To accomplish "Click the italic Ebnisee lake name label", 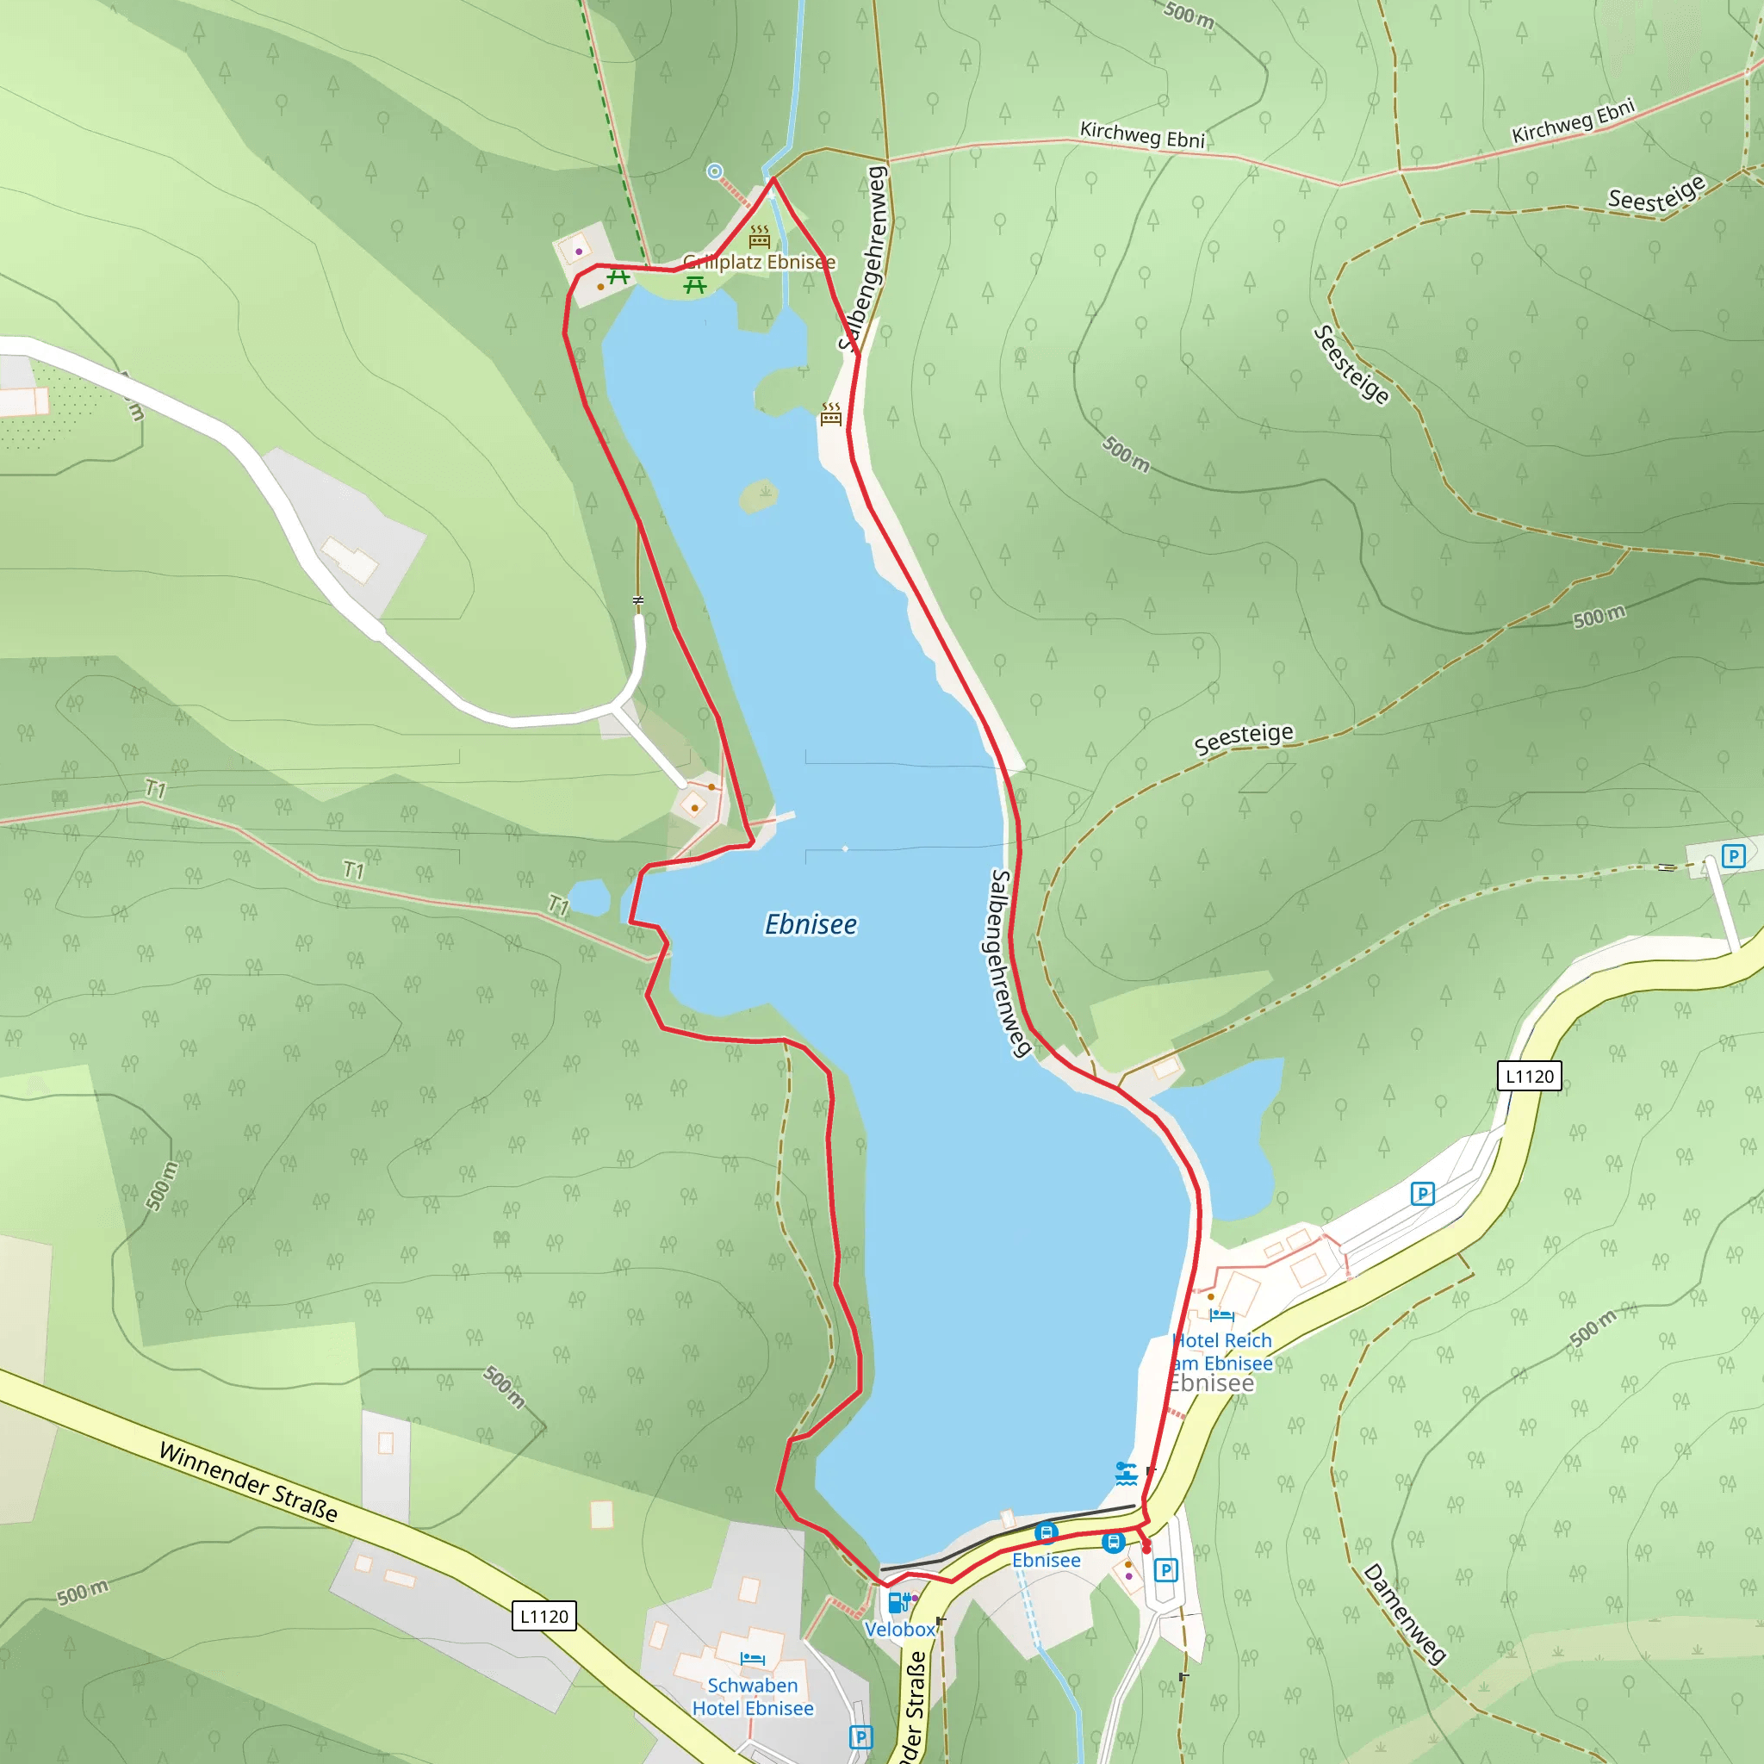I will coord(811,925).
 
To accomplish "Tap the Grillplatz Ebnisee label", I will coord(759,262).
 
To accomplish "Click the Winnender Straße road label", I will coord(248,1481).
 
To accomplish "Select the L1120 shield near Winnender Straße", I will coord(544,1616).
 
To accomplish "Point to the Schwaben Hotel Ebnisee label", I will coord(752,1697).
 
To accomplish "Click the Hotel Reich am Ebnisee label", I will coord(1222,1351).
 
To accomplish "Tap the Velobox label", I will coord(900,1629).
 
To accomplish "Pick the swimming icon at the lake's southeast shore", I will coord(1126,1473).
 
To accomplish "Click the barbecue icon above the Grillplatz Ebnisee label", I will coord(760,238).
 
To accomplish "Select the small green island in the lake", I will coord(759,496).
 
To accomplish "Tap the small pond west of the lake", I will coord(589,898).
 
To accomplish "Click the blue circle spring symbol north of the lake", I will coord(715,171).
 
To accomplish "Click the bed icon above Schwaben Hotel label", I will coord(752,1658).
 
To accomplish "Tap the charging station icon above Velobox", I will coord(898,1601).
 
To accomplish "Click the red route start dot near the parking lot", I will coord(1146,1549).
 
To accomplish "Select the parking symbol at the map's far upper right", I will coord(1733,855).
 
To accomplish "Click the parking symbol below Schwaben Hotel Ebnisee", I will coord(860,1736).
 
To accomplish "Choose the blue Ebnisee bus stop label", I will coord(1047,1561).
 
